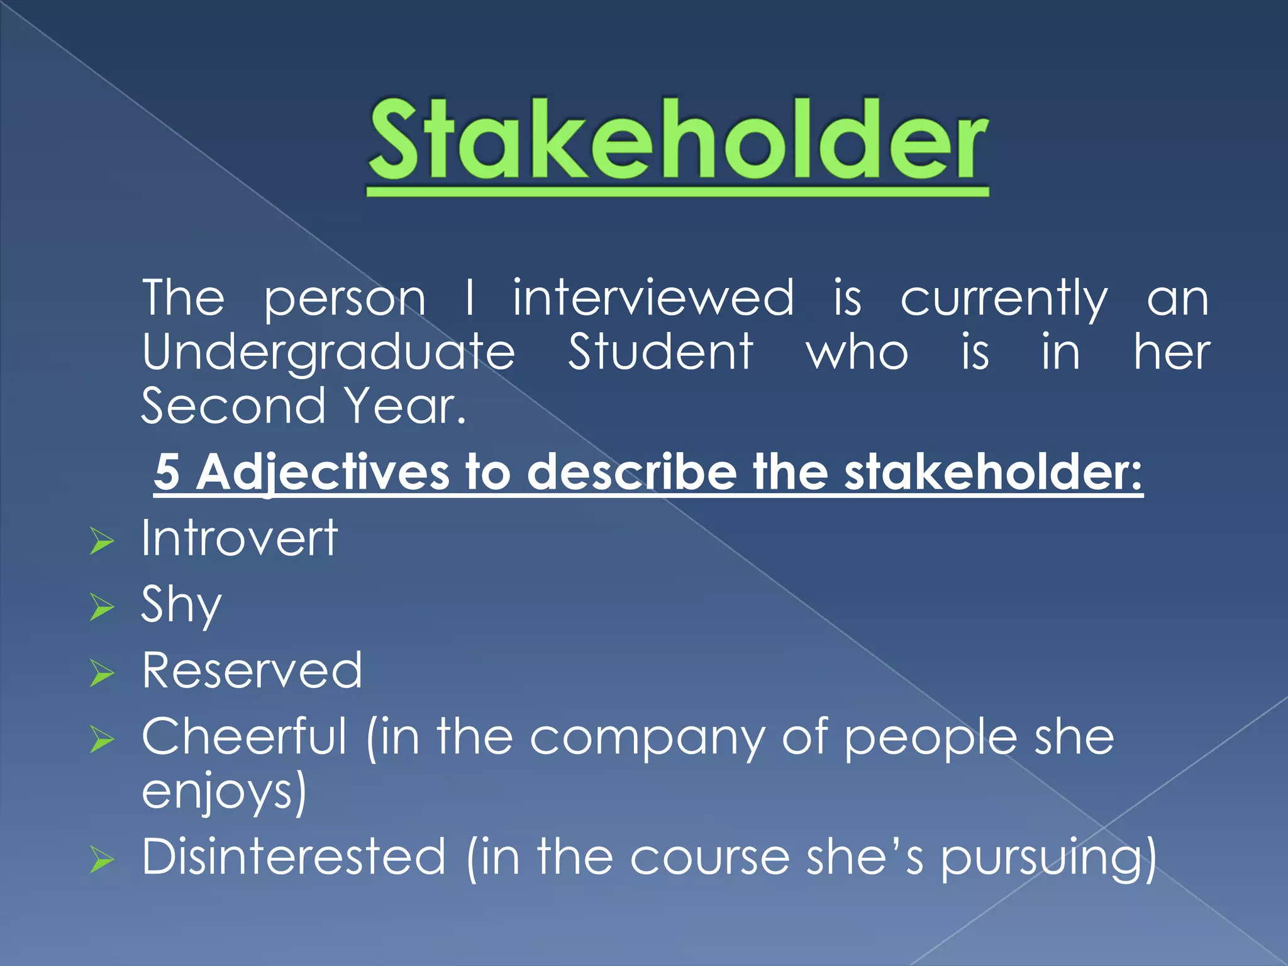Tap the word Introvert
tap(240, 538)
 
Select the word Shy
tap(181, 604)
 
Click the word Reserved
tap(252, 670)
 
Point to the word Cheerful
tap(244, 736)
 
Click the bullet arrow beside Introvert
tap(102, 541)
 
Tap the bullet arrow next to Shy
tap(102, 608)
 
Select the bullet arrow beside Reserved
tap(102, 674)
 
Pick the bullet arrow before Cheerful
tap(102, 740)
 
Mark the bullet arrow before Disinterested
tap(102, 860)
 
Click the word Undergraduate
tap(328, 353)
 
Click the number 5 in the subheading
tap(167, 472)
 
